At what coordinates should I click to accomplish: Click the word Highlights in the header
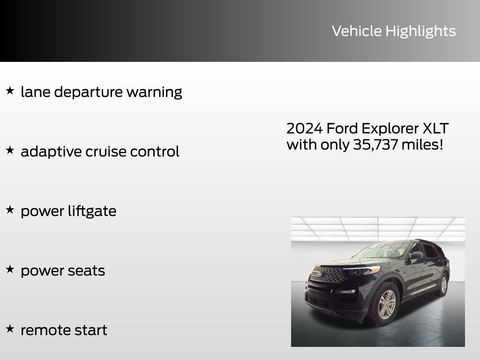point(420,31)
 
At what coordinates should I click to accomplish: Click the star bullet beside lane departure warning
point(10,90)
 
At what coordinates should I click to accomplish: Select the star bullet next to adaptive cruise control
point(10,150)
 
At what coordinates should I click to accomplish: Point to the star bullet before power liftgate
point(10,210)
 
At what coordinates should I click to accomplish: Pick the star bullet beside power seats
point(10,269)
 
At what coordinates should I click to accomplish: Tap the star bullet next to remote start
point(10,329)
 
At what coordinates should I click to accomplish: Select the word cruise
point(100,151)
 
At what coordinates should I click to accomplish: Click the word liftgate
point(91,211)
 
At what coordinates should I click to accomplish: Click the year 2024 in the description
point(304,128)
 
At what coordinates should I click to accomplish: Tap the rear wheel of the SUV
point(443,285)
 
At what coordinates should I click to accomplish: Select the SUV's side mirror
point(416,255)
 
